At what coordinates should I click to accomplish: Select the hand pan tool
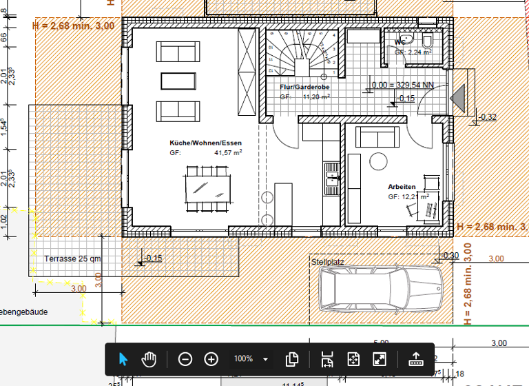(x=149, y=359)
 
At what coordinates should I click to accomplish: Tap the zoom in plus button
(x=211, y=359)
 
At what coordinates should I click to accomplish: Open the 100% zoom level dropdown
(x=265, y=359)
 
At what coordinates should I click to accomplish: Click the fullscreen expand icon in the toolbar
(x=380, y=359)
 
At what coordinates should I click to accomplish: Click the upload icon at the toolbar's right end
(x=415, y=359)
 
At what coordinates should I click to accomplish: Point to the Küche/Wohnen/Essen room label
(x=206, y=143)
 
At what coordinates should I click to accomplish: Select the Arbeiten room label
(x=402, y=187)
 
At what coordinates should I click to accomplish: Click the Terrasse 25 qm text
(x=73, y=259)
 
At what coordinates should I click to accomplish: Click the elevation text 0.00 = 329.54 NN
(x=403, y=85)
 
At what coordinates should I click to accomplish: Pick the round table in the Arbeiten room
(x=380, y=161)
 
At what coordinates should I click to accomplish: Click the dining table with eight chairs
(x=207, y=187)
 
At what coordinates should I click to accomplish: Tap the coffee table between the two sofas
(x=178, y=81)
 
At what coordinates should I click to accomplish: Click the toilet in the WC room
(x=427, y=41)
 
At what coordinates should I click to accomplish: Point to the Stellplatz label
(x=327, y=263)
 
